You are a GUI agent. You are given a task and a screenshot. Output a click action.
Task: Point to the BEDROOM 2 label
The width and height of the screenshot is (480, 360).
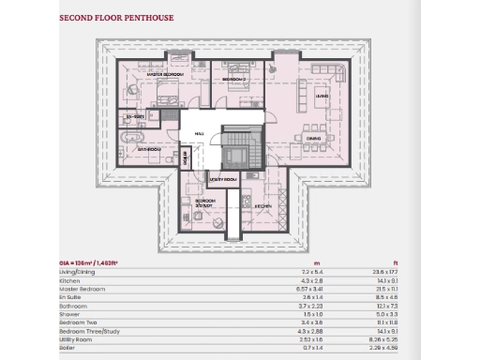[232, 81]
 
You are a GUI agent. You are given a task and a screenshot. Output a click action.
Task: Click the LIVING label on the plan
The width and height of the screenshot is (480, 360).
[321, 95]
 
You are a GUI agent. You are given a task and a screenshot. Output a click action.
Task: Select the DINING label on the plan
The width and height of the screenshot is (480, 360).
[313, 137]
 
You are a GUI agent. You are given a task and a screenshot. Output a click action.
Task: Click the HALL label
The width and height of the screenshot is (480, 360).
[200, 134]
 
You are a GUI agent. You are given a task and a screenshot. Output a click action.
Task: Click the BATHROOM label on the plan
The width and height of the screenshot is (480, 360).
[150, 149]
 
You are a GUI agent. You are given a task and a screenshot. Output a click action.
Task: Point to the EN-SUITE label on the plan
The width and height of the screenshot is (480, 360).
[134, 115]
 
